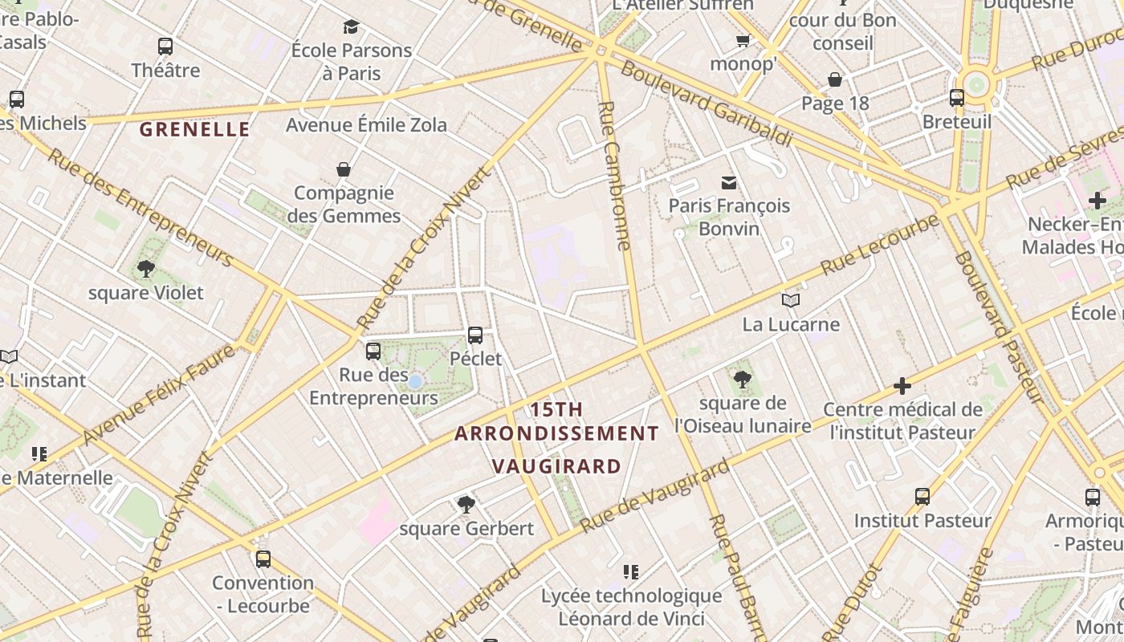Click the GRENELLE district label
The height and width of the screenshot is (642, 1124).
(195, 129)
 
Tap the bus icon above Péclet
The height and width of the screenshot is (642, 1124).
(475, 335)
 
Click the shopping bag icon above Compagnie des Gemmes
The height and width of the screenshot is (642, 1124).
(344, 169)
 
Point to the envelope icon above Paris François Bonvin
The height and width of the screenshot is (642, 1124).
(729, 182)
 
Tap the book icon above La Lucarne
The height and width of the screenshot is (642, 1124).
(791, 301)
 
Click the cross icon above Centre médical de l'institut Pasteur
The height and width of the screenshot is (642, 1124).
(902, 386)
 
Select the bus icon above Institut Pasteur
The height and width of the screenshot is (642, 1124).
(922, 497)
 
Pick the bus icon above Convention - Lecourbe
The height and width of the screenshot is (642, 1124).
(263, 559)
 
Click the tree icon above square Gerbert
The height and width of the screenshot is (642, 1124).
(466, 505)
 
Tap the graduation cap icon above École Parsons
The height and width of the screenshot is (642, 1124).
(351, 27)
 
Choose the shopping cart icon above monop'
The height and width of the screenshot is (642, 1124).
(743, 40)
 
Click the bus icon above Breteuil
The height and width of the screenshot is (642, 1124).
(957, 98)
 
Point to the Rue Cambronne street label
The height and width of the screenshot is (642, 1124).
(615, 177)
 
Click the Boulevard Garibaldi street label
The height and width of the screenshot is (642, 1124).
(707, 104)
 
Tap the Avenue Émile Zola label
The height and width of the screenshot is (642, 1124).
(367, 125)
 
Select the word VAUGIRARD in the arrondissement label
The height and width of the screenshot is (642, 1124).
(556, 466)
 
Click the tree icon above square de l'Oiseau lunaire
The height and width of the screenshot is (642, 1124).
(743, 380)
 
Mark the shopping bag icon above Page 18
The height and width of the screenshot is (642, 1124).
(835, 79)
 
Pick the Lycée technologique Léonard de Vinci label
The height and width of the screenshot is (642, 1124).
(631, 607)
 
